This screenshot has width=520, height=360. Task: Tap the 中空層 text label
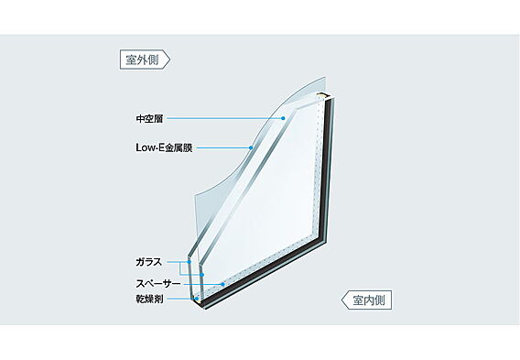pos(149,118)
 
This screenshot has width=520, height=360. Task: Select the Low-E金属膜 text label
pos(164,147)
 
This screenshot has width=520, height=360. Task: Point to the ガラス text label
pos(149,262)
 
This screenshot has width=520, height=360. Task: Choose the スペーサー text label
pos(158,284)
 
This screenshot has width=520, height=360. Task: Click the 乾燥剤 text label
pos(149,299)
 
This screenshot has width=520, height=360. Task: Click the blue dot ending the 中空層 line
pos(283,118)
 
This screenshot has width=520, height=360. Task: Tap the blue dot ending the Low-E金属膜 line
pos(251,147)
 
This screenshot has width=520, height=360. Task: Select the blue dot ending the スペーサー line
pos(222,284)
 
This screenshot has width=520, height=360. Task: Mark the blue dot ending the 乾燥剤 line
pos(196,299)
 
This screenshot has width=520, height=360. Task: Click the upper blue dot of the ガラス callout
pos(189,262)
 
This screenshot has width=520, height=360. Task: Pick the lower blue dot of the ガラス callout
pos(202,275)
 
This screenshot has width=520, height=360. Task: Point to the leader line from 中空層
pos(224,118)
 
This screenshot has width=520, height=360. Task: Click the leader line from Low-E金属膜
pos(222,147)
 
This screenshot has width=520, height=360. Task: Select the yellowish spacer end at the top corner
pos(320,96)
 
